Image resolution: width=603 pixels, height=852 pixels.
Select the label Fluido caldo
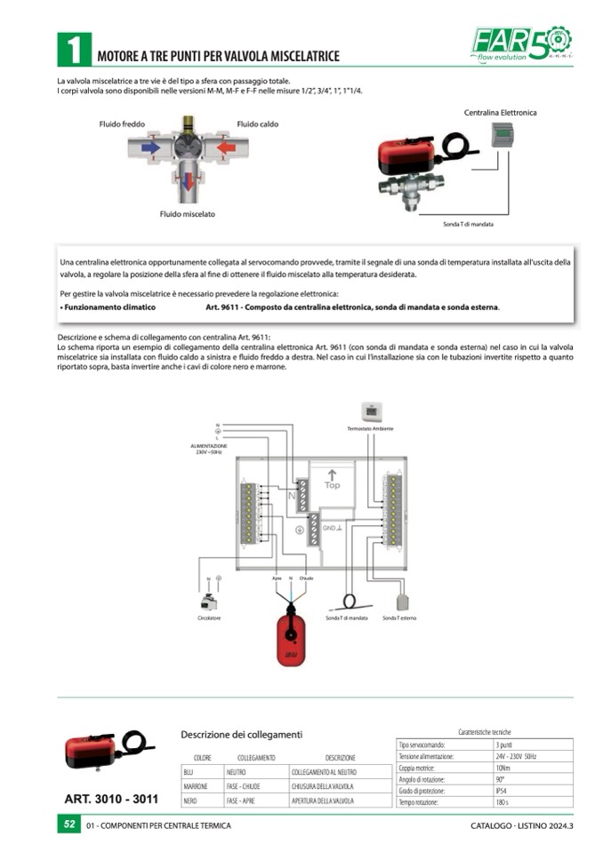[257, 124]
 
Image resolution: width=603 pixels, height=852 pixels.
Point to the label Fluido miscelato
[187, 214]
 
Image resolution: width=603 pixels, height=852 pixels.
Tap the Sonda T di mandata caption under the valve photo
[468, 225]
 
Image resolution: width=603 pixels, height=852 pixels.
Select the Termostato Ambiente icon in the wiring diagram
[371, 411]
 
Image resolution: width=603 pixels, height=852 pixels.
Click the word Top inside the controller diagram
[332, 485]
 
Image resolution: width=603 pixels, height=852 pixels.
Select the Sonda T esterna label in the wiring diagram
[398, 617]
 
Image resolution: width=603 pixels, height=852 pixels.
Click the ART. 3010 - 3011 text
[111, 799]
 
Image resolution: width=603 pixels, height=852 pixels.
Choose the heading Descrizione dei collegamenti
[241, 735]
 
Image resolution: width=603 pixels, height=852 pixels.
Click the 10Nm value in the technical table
[502, 767]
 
